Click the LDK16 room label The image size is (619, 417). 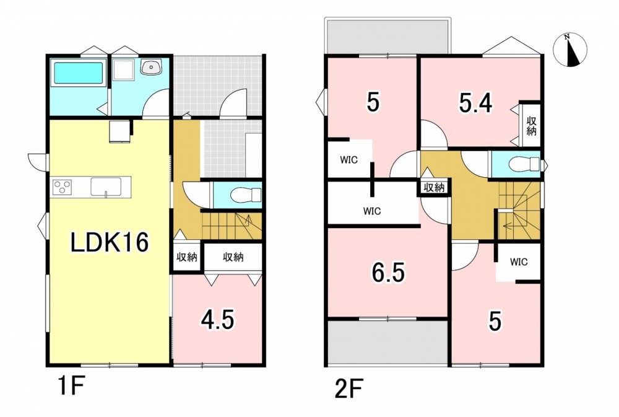(x=110, y=242)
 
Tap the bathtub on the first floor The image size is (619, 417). (x=79, y=72)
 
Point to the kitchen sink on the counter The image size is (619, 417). (x=106, y=187)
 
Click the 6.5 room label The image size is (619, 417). (x=389, y=273)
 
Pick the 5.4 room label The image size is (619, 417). (x=475, y=103)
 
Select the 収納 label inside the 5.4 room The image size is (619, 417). (x=531, y=126)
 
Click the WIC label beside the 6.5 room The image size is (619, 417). (x=372, y=211)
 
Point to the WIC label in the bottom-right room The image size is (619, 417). (x=519, y=262)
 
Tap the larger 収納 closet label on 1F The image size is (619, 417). (x=233, y=257)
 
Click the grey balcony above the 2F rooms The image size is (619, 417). (x=387, y=36)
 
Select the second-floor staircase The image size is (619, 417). (x=519, y=211)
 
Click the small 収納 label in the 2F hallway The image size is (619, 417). (x=435, y=188)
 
